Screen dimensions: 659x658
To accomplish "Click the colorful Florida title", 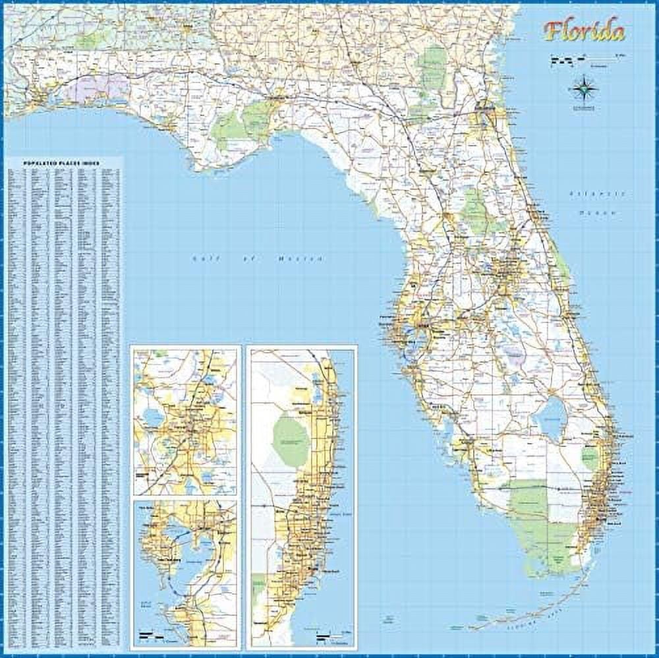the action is (585, 31).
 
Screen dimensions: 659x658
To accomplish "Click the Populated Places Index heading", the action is (63, 162).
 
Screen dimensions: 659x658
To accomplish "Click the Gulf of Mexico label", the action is (258, 258).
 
